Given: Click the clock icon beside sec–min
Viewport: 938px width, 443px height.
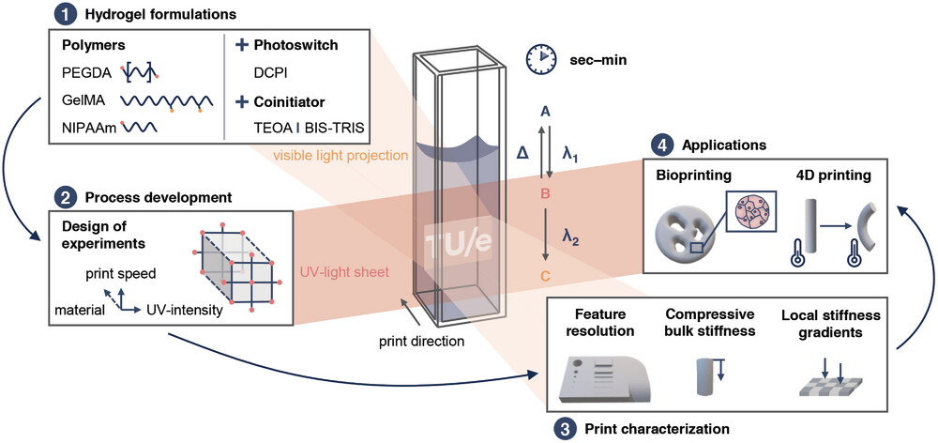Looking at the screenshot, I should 541,58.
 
